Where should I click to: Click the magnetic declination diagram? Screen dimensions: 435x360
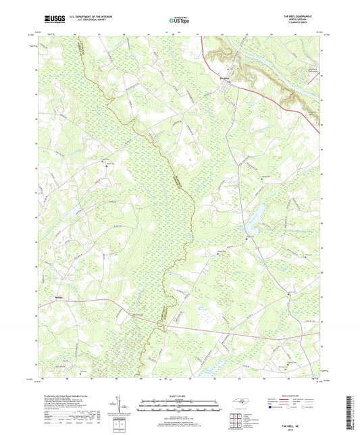(x=120, y=406)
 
